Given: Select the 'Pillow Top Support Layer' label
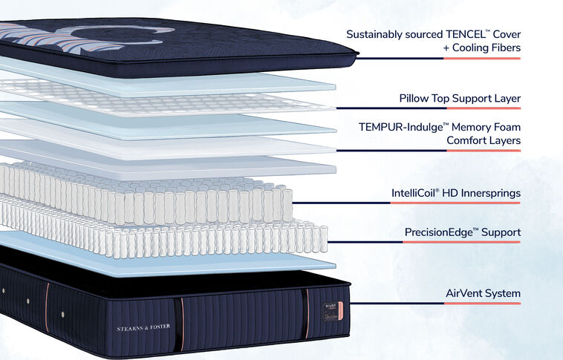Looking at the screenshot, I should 459,98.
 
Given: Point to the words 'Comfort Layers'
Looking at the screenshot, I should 483,140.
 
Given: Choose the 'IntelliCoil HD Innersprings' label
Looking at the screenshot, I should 455,194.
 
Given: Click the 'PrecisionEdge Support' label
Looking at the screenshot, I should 462,232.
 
